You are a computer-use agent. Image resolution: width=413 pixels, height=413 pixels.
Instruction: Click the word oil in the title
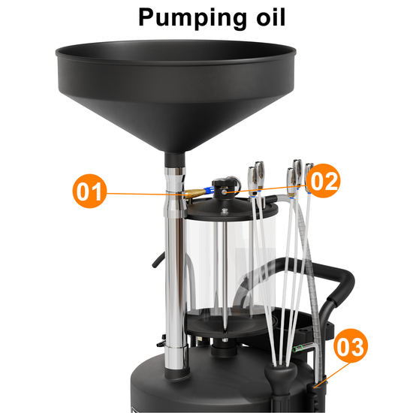click(x=271, y=17)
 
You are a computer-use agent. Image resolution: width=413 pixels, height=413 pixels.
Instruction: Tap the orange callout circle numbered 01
click(x=89, y=191)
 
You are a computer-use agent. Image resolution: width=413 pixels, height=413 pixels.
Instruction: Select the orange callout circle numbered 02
click(x=324, y=181)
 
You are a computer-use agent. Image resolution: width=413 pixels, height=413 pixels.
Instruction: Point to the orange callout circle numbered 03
click(x=351, y=345)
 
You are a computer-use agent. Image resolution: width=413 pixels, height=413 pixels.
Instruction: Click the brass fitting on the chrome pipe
click(x=194, y=194)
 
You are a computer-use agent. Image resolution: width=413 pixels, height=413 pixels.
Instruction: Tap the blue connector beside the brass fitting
click(x=210, y=190)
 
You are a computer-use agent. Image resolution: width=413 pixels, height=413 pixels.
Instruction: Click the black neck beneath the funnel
click(x=175, y=159)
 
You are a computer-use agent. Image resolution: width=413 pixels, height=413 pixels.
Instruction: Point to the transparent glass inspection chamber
click(x=230, y=266)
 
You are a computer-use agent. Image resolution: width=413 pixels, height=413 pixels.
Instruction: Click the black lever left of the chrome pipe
click(x=158, y=261)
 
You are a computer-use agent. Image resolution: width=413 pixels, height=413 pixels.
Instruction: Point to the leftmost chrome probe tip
click(x=252, y=181)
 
